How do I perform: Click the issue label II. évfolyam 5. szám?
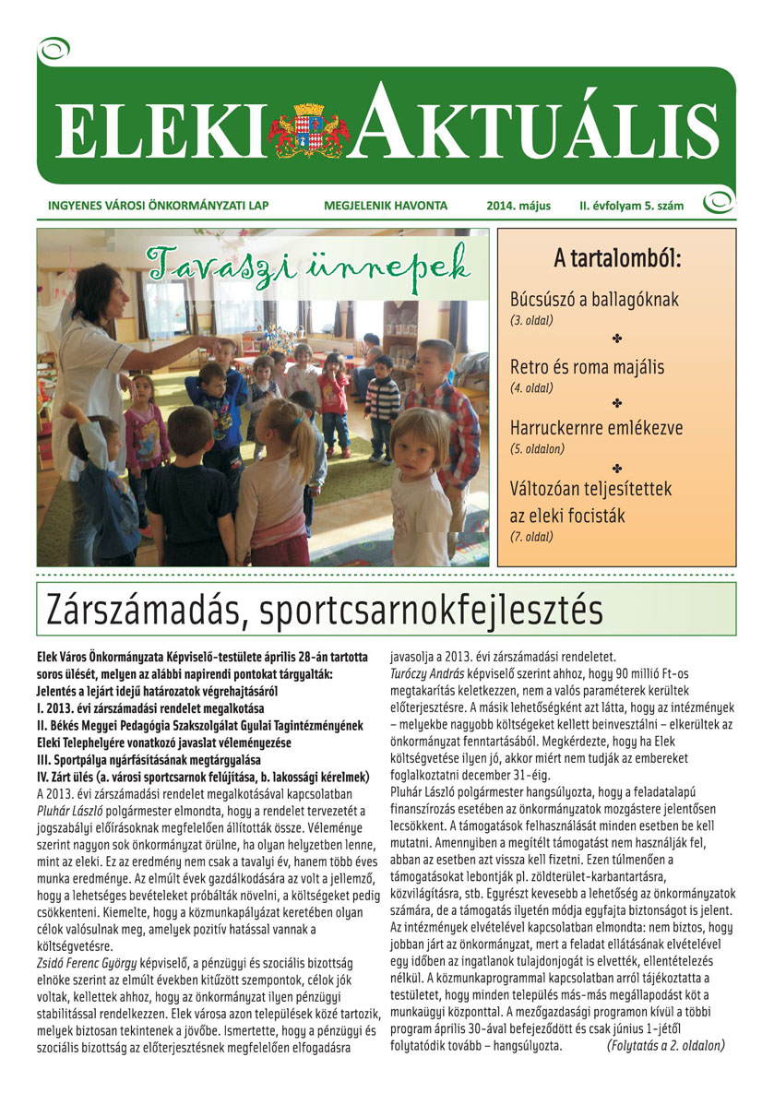[x=631, y=206]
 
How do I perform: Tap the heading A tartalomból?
[x=616, y=257]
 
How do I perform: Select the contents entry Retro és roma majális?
[x=587, y=367]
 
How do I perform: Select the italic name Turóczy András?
[x=435, y=674]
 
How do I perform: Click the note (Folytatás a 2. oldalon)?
[x=666, y=1045]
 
